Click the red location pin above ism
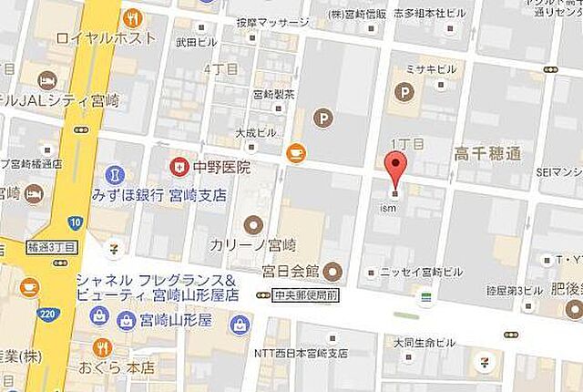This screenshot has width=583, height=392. pyautogui.click(x=394, y=169)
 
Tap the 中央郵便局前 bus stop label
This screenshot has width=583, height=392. pyautogui.click(x=304, y=294)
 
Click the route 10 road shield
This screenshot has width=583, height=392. pyautogui.click(x=75, y=222)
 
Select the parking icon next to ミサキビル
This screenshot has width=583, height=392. pyautogui.click(x=401, y=90)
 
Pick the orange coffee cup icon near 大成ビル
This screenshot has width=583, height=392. pyautogui.click(x=295, y=154)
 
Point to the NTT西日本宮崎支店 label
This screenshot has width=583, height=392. pyautogui.click(x=303, y=352)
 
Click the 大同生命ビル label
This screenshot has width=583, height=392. pyautogui.click(x=424, y=343)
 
